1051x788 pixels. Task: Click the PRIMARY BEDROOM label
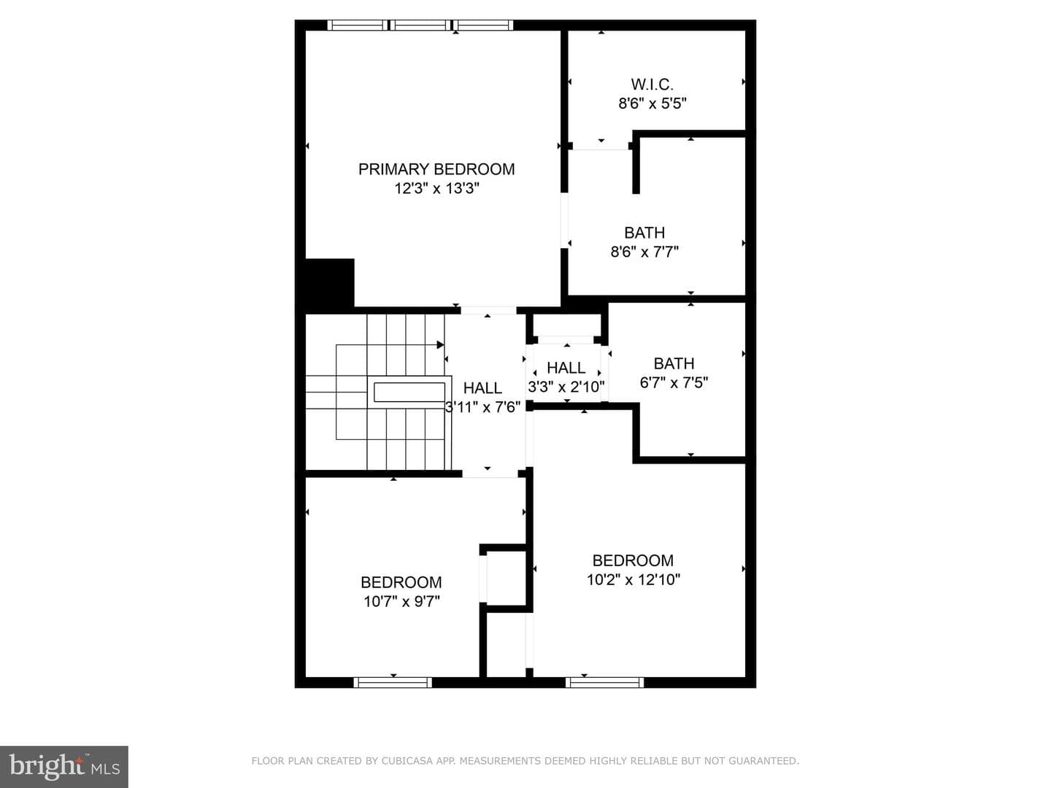436,169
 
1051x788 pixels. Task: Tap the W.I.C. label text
652,85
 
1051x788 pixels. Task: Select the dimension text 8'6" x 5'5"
652,104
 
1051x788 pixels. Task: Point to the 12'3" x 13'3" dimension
436,188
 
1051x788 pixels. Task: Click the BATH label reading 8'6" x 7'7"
644,233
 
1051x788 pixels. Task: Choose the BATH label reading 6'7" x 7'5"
674,363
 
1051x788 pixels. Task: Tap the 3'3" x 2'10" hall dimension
566,387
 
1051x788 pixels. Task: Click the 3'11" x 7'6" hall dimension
482,407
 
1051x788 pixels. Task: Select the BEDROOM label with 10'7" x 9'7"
401,582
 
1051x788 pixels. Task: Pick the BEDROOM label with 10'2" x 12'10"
633,560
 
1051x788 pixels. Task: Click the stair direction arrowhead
440,344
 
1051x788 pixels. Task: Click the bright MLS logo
64,766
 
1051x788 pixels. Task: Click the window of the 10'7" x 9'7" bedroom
393,682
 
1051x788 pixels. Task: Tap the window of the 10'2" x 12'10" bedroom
604,682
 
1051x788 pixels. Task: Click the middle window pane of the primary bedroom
420,26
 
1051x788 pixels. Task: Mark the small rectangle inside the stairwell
409,393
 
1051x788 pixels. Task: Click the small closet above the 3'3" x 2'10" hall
566,325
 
